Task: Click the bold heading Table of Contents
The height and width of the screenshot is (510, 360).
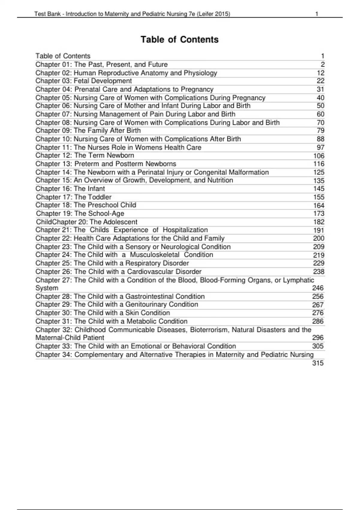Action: click(x=179, y=40)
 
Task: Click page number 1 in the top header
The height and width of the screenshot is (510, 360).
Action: click(x=317, y=14)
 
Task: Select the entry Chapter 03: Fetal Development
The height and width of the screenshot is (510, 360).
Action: click(x=83, y=81)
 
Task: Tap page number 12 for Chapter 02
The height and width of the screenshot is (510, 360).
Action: click(x=320, y=73)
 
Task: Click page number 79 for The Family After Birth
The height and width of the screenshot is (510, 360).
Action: click(x=320, y=131)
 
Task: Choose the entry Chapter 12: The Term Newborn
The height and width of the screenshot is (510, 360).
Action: click(x=85, y=155)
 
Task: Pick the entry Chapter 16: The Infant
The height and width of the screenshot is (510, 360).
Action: click(x=70, y=189)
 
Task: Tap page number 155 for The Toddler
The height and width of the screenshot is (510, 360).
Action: click(x=319, y=197)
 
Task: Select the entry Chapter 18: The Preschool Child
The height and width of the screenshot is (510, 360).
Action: click(x=86, y=205)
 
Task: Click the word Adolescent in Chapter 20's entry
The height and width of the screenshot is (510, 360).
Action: click(x=121, y=222)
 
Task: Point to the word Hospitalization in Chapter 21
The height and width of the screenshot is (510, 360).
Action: click(x=185, y=230)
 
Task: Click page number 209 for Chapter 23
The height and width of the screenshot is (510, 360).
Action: click(x=319, y=247)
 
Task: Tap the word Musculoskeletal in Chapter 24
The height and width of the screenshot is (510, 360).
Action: click(x=154, y=255)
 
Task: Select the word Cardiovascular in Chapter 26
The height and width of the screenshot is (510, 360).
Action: click(x=150, y=271)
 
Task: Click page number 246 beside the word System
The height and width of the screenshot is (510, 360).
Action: click(x=318, y=288)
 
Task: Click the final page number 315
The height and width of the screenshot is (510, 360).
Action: click(x=318, y=363)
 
